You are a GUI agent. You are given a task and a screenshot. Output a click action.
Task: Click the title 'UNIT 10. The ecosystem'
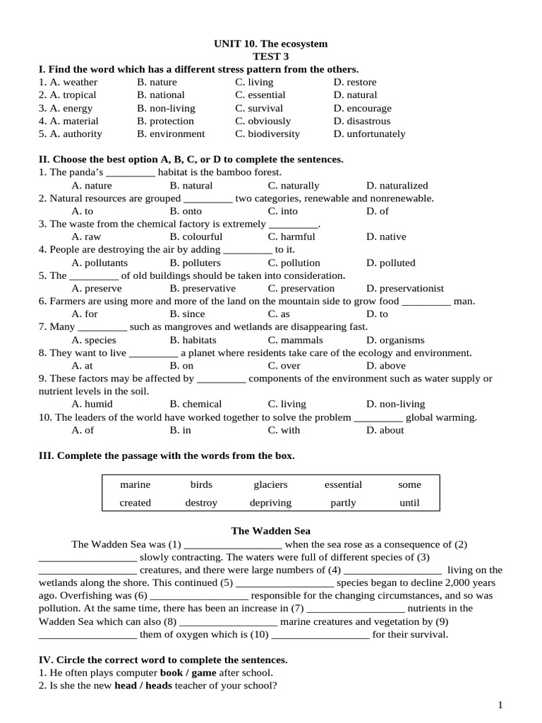[271, 44]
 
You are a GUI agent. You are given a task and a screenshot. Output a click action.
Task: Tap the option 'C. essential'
[260, 95]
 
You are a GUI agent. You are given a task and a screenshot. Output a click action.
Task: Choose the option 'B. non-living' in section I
[166, 108]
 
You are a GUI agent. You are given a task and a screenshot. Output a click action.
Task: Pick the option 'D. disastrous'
[362, 121]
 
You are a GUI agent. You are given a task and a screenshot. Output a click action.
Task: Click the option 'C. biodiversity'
[267, 133]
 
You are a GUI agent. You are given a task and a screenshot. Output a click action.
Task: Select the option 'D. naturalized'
[397, 185]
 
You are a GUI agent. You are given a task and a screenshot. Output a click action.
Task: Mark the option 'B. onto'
[186, 211]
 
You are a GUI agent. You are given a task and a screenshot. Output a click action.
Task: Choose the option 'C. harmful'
[291, 237]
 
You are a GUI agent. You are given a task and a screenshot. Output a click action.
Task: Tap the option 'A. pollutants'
[100, 263]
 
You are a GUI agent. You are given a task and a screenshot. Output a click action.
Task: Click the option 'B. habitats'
[193, 340]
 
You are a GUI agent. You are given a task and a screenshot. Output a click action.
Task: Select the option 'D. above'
[386, 366]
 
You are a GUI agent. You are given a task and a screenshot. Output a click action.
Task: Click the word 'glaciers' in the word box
[271, 484]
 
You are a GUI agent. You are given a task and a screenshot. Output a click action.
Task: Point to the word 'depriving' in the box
[270, 503]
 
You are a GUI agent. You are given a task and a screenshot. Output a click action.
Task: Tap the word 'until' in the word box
[409, 503]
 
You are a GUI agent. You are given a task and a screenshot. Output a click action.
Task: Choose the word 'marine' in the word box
[135, 484]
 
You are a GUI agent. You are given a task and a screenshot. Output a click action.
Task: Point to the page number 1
[500, 705]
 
